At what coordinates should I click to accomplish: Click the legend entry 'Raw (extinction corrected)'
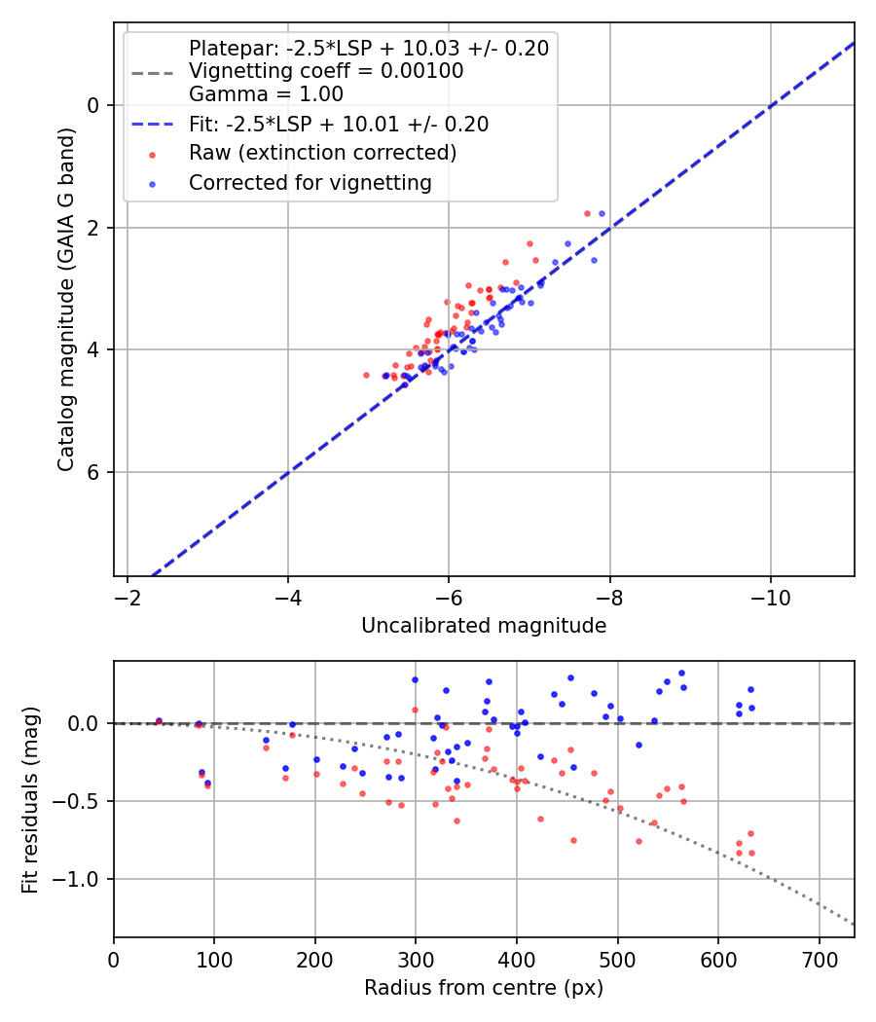(322, 153)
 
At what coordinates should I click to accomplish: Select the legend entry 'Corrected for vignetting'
(310, 182)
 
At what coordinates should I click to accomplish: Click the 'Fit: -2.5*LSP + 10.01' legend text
(339, 125)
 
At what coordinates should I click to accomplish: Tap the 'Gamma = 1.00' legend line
(266, 94)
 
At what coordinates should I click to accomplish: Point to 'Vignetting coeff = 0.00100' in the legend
(326, 71)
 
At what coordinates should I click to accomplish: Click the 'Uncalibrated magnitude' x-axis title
(484, 626)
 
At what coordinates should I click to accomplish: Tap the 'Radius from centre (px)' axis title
(484, 988)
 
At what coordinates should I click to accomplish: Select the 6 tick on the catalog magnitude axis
(93, 472)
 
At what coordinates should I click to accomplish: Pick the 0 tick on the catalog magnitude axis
(93, 105)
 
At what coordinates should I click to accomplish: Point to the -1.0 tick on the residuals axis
(80, 879)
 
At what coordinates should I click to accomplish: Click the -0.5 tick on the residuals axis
(80, 801)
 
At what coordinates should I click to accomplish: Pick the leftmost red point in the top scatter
(366, 375)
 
